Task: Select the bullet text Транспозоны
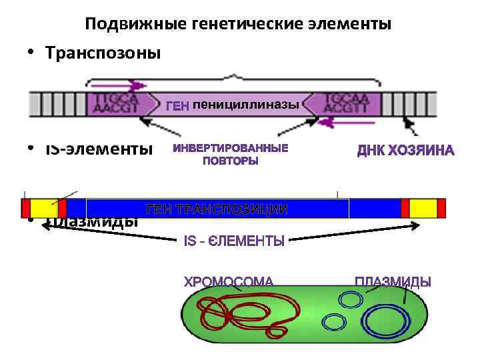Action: pyautogui.click(x=103, y=53)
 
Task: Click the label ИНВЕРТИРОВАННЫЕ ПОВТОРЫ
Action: pyautogui.click(x=231, y=154)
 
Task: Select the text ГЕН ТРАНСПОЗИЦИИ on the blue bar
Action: pyautogui.click(x=217, y=209)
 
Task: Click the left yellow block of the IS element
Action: pyautogui.click(x=44, y=208)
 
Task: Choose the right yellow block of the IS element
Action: pyautogui.click(x=423, y=208)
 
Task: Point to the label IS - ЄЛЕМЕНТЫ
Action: pyautogui.click(x=234, y=241)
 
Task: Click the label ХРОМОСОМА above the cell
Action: pyautogui.click(x=229, y=282)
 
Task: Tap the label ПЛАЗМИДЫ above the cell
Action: pyautogui.click(x=393, y=282)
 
